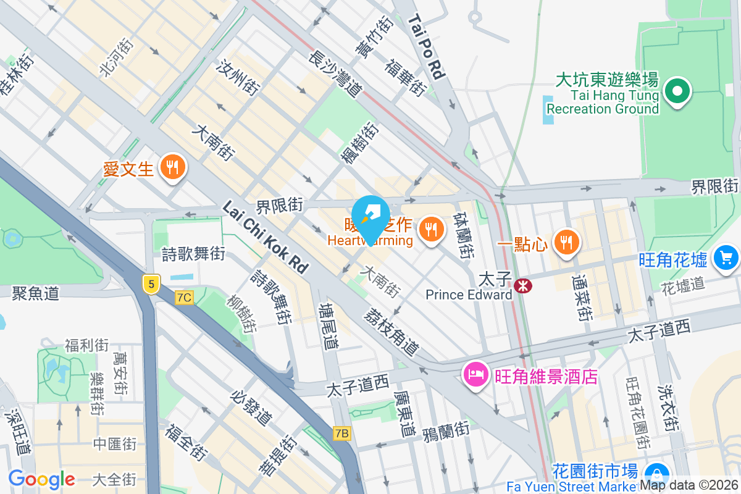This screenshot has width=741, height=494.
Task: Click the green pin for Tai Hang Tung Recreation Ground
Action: point(677,92)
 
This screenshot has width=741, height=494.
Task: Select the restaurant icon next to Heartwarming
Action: point(432,230)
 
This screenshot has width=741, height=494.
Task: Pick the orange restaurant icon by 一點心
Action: point(565,241)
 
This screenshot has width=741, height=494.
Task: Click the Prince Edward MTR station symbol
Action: point(523,285)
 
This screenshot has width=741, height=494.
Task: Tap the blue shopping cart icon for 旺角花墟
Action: point(726,257)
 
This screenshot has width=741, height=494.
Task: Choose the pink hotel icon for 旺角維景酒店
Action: point(476,374)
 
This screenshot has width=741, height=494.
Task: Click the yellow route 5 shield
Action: point(151,283)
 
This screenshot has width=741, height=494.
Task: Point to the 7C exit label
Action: point(184,298)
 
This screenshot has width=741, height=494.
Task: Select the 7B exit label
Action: point(341,433)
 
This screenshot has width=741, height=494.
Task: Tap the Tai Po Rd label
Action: point(427,47)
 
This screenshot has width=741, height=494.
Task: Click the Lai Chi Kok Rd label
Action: point(266,237)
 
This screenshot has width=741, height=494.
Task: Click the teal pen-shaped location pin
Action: point(371,217)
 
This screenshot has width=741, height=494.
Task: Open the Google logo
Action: point(41,479)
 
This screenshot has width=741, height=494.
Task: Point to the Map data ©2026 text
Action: point(689,485)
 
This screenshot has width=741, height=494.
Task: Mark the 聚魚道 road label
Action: point(35,293)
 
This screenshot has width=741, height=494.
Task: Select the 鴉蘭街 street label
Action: point(446,430)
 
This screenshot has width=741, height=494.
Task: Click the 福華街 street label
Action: point(405,78)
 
